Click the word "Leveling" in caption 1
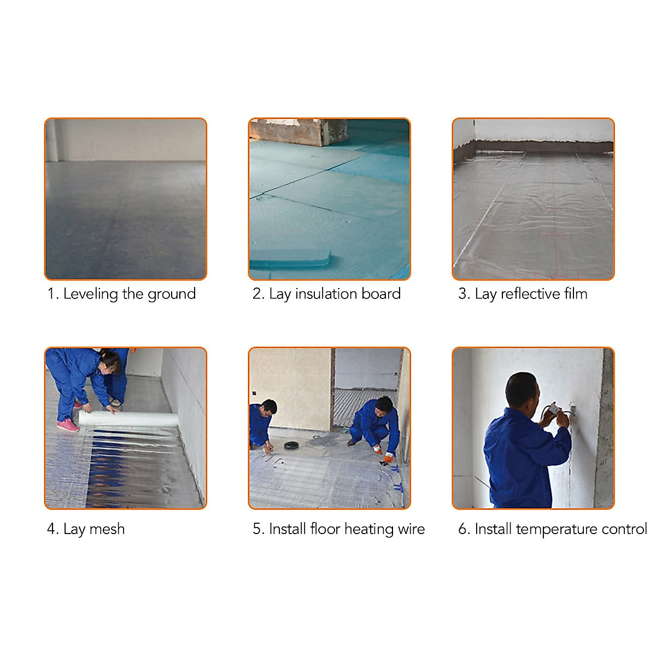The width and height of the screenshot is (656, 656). [90, 294]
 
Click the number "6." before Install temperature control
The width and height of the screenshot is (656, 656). [464, 529]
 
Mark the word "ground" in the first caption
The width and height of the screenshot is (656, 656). [172, 294]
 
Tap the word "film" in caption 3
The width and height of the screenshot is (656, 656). [576, 294]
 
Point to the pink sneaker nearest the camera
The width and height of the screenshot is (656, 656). [68, 425]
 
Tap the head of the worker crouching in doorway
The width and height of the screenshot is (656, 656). [384, 405]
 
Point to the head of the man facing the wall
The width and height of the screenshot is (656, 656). [521, 389]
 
